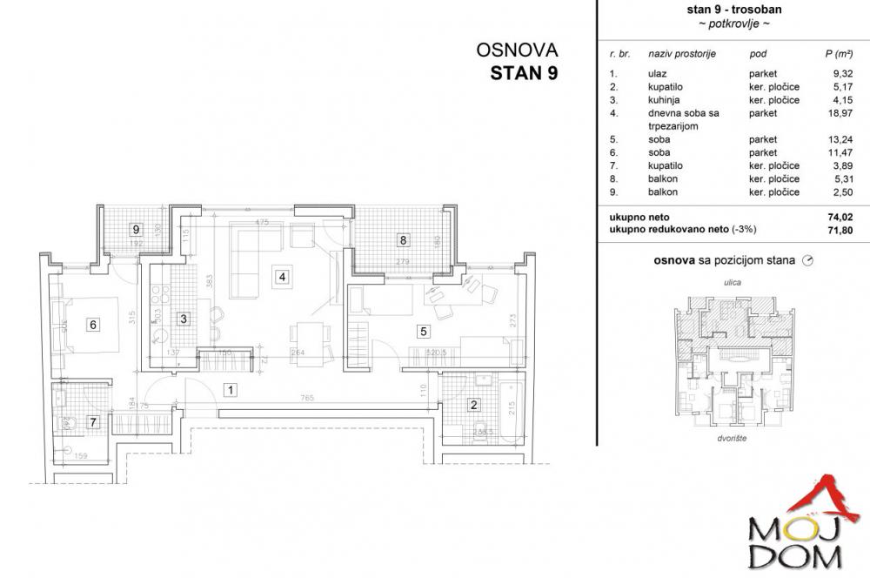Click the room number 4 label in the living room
pos(280,278)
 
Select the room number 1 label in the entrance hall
pos(229,390)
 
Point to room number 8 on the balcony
pos(402,239)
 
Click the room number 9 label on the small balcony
pos(135,230)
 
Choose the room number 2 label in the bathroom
pos(474,404)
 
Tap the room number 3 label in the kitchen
pos(183,319)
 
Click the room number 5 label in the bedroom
pos(423,331)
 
